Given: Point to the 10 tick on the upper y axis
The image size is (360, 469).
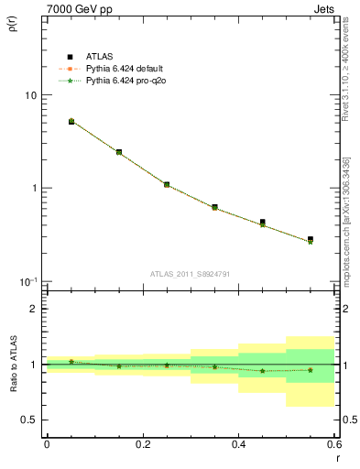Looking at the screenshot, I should coord(28,95).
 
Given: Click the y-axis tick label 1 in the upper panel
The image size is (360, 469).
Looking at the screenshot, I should coord(33,188).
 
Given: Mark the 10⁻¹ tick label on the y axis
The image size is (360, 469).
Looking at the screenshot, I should coord(27,281).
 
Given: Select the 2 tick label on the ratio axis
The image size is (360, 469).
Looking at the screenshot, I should coord(33,310).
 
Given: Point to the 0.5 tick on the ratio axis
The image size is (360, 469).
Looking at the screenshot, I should coord(28,420).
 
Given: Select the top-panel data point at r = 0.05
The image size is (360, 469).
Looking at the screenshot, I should coord(71,121).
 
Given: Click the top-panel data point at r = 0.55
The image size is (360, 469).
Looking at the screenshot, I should coord(311,240).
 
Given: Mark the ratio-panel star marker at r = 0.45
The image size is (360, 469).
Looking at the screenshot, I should coord(262,371).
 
